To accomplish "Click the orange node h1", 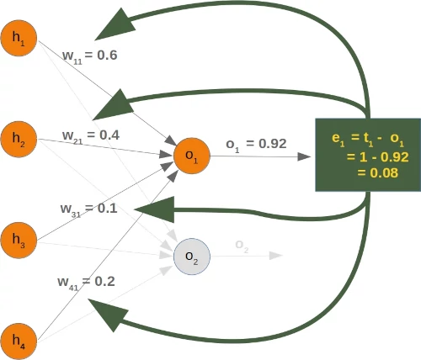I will tap(19, 40).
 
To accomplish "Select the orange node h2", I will tap(19, 139).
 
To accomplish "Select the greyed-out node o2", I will tap(192, 256).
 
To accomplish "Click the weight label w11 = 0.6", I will tap(90, 56).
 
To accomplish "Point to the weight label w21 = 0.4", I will tap(91, 135).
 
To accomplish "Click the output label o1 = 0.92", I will tap(256, 144).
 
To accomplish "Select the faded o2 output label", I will tap(242, 247).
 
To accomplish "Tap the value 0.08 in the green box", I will tap(376, 173).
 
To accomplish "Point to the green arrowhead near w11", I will tap(118, 25).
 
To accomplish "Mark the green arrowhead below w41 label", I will tap(108, 314).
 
